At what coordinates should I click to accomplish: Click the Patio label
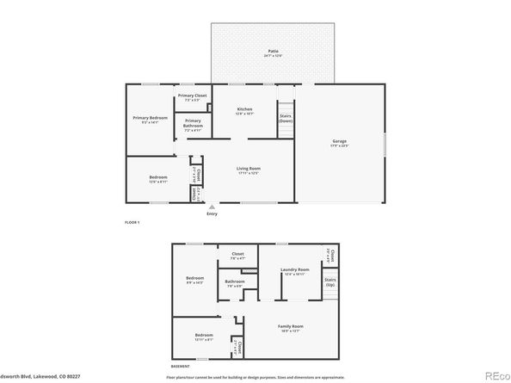point(273,53)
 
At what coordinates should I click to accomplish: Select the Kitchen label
point(245,109)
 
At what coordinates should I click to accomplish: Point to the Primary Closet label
point(193,96)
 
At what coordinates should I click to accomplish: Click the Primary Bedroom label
point(150,118)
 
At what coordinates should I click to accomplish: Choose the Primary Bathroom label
point(193,123)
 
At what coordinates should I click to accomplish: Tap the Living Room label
point(249,169)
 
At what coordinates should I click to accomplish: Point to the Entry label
point(212,213)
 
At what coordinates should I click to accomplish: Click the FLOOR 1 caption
point(132,222)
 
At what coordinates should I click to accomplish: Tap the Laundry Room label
point(294,270)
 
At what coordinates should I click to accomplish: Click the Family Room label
point(290,326)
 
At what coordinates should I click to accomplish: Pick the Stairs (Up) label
point(329,281)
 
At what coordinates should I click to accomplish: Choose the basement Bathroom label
point(235,281)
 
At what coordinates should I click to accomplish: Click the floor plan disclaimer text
point(255,377)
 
